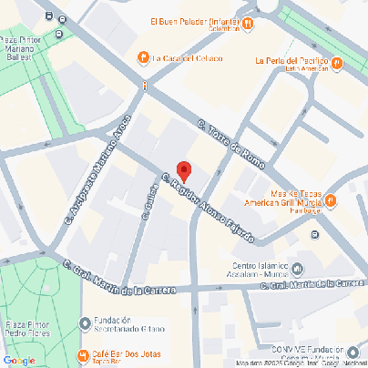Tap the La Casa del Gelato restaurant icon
coord(143,58)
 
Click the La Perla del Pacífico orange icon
coord(337,63)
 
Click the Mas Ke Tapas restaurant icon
coord(331,200)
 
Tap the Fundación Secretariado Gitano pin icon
coord(85,322)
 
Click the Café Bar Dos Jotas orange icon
coord(84,354)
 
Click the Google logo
coord(18,360)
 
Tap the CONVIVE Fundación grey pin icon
coord(353,351)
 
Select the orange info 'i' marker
coord(144,85)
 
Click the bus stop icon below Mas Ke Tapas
coord(315,235)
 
